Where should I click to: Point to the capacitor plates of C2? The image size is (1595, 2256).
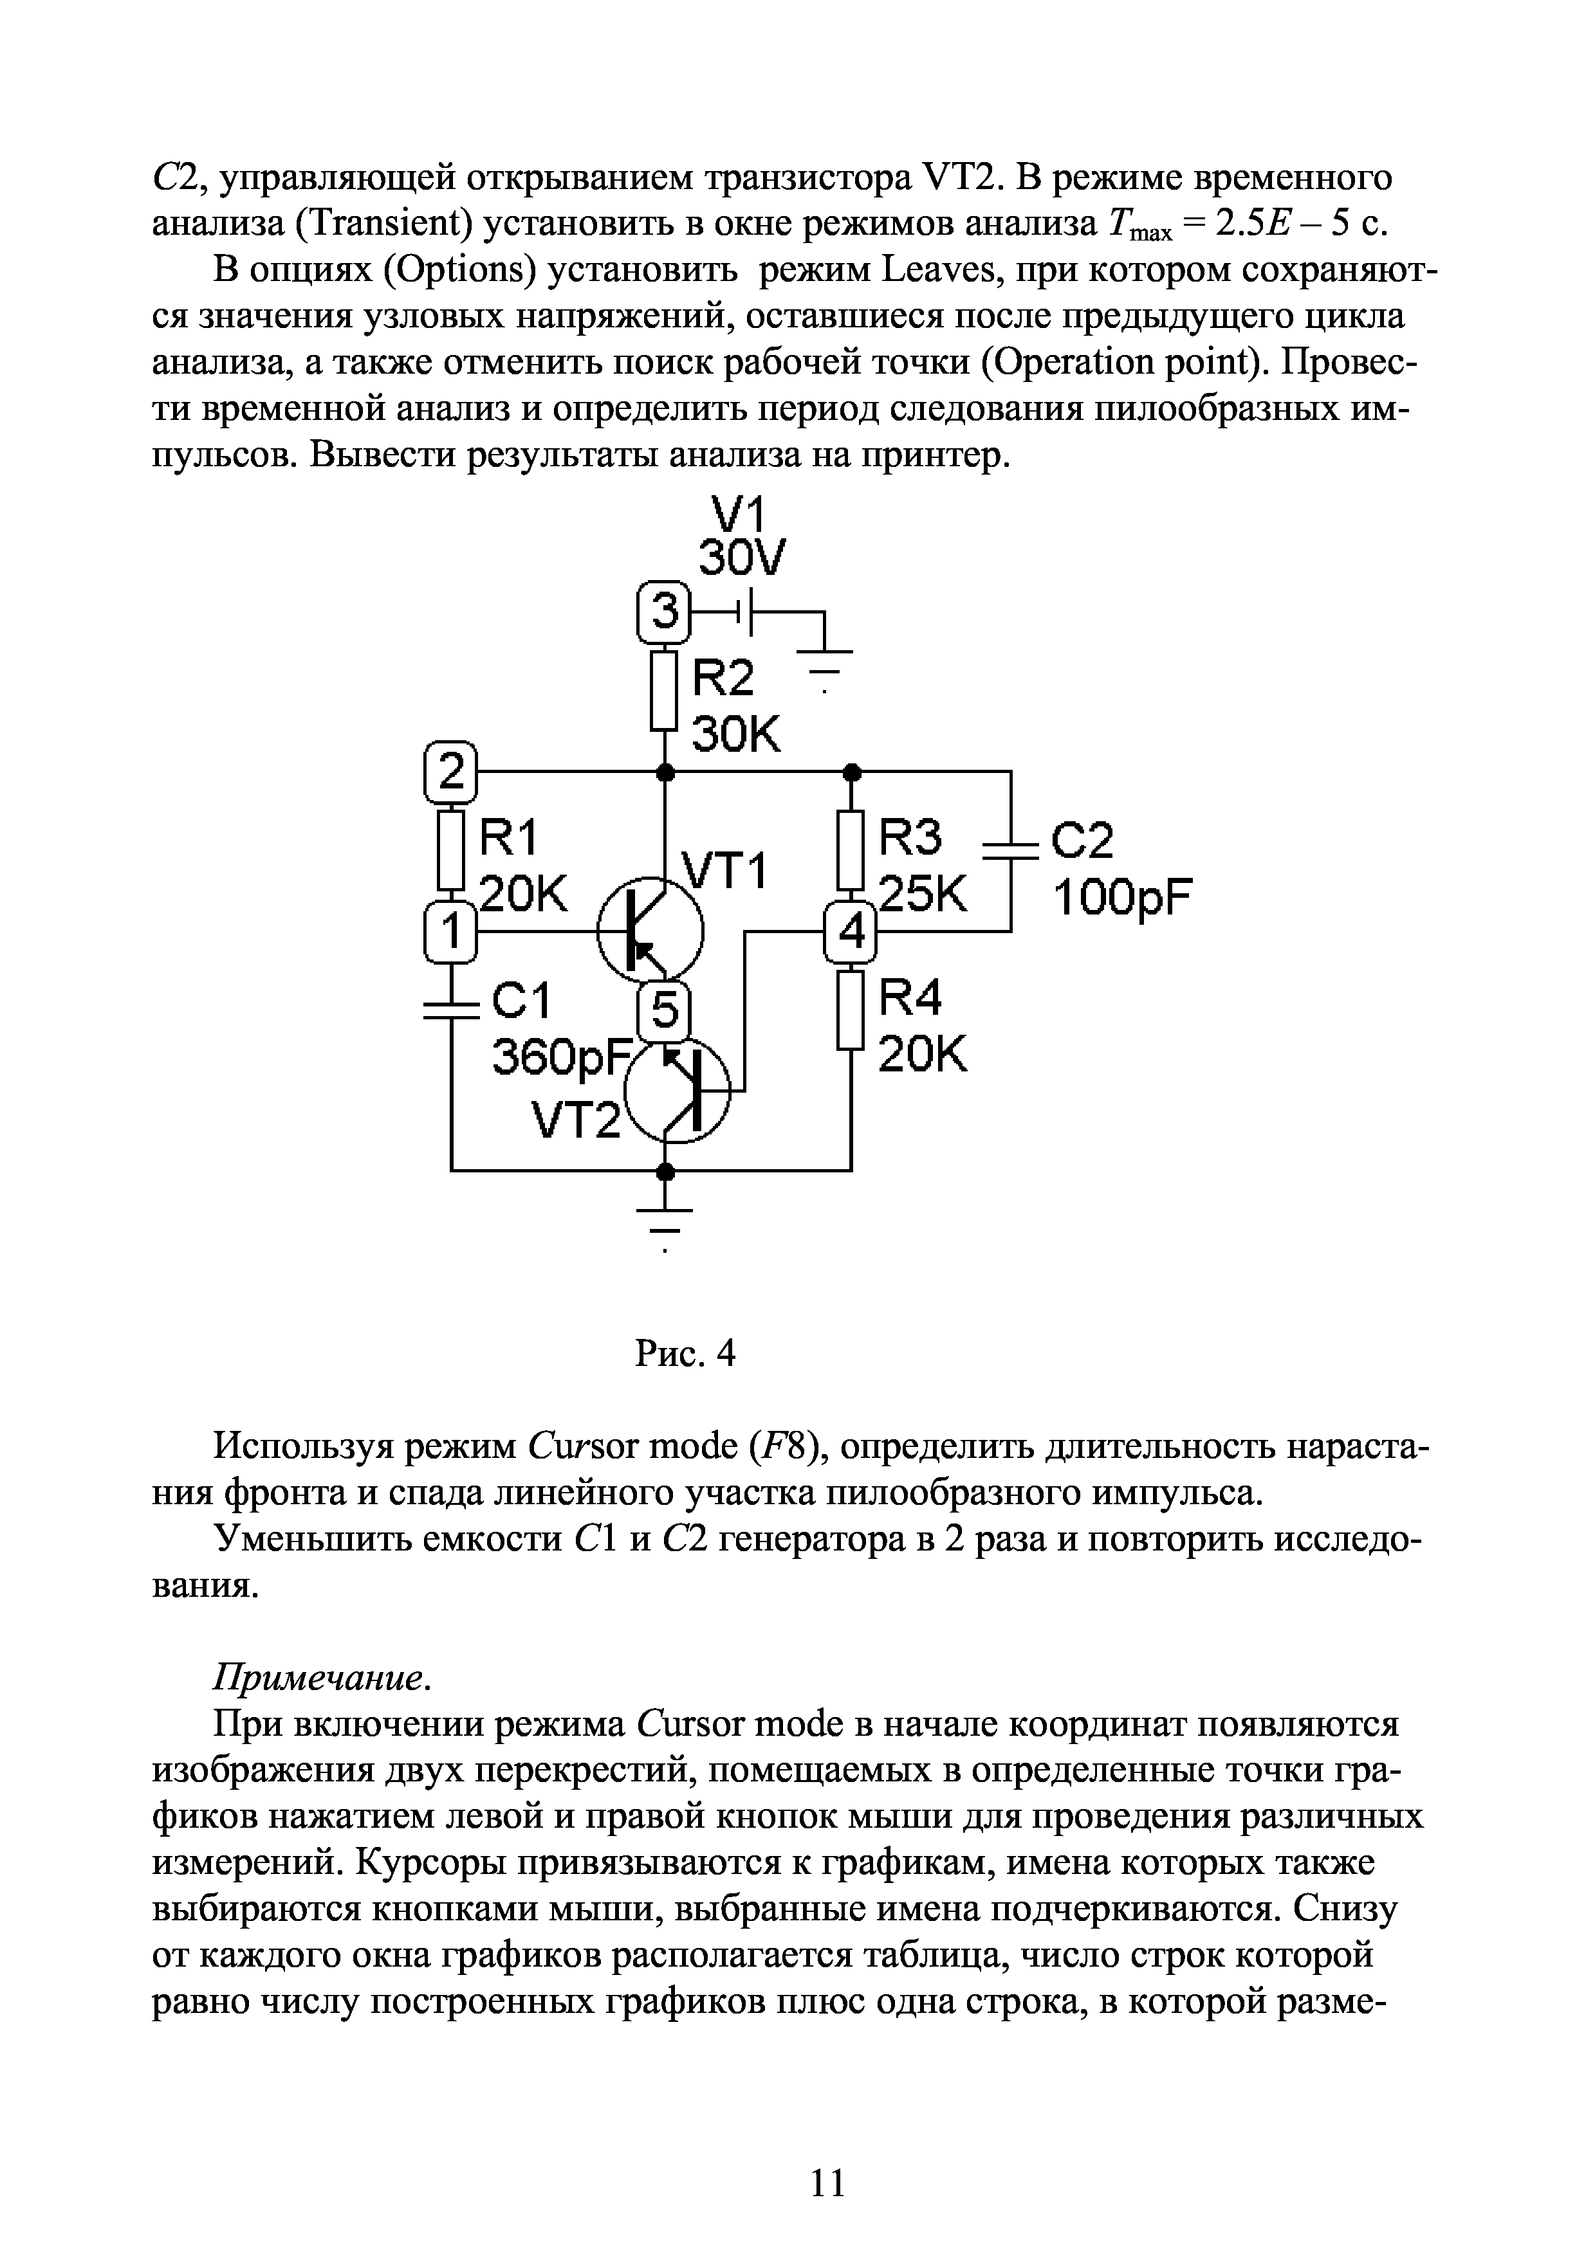[x=1010, y=851]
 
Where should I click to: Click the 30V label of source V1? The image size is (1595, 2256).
[x=742, y=560]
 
